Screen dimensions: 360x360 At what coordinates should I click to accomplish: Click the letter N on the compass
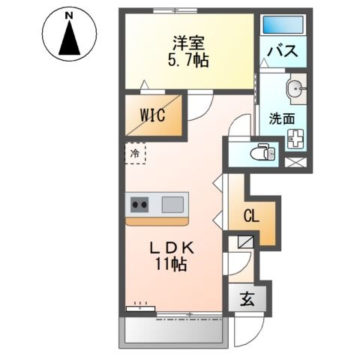coord(70,15)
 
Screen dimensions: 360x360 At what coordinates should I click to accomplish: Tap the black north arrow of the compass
coord(70,39)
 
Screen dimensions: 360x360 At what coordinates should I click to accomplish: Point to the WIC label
coord(152,117)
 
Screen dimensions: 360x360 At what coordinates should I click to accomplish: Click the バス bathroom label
coord(283,52)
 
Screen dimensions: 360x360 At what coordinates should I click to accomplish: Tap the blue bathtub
coord(282,23)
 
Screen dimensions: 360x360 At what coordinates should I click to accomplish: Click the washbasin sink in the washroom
coord(297,89)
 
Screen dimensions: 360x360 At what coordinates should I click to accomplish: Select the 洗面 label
coord(282,118)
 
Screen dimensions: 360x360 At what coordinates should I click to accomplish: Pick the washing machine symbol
coord(295,139)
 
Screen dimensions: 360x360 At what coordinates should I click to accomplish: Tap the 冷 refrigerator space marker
coord(135,153)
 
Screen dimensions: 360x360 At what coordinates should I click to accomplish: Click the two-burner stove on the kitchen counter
coord(140,203)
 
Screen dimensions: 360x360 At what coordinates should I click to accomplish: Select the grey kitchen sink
coord(172,203)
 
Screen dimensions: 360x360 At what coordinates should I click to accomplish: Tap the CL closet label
coord(250,217)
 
